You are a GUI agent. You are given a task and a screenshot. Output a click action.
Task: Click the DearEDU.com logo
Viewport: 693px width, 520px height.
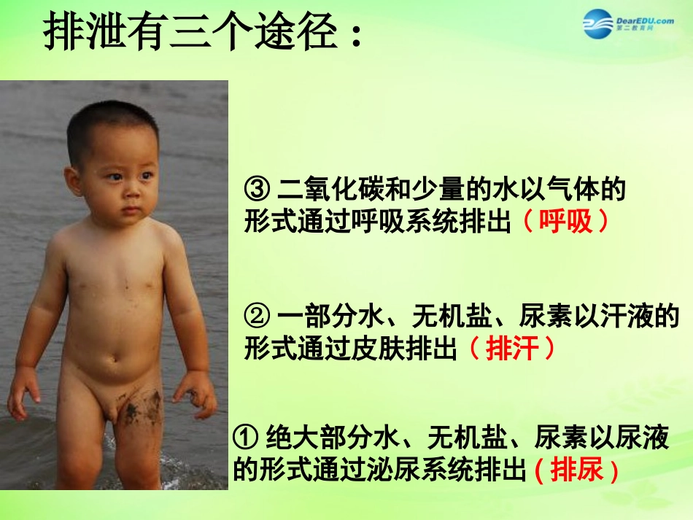click(628, 25)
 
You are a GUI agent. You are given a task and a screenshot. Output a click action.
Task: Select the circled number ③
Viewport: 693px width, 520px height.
click(257, 191)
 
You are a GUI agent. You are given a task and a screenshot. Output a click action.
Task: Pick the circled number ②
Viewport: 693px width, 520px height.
click(257, 317)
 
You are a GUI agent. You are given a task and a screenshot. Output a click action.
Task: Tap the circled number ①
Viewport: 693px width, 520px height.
click(244, 438)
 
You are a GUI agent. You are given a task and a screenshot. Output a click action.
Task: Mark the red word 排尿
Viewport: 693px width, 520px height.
click(577, 470)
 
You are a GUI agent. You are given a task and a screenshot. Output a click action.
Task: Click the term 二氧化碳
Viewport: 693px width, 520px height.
click(332, 191)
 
